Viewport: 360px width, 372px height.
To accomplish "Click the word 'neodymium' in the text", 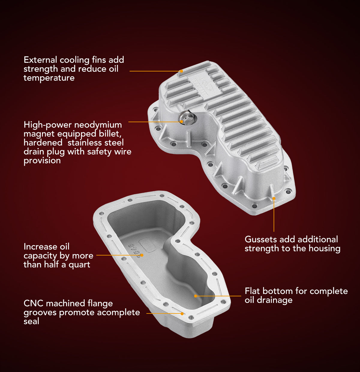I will pyautogui.click(x=98, y=125).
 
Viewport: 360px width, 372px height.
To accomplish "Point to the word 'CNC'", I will pyautogui.click(x=33, y=303).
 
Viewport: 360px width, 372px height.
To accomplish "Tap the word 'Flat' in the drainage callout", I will pyautogui.click(x=252, y=291).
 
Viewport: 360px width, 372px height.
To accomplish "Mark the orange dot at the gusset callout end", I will pyautogui.click(x=274, y=198).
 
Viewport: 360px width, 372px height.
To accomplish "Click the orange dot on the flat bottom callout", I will pyautogui.click(x=196, y=296).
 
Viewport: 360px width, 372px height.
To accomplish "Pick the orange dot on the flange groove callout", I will pyautogui.click(x=182, y=313).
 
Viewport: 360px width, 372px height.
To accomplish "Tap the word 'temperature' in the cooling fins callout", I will pyautogui.click(x=49, y=78).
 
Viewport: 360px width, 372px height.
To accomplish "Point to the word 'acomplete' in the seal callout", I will pyautogui.click(x=118, y=312).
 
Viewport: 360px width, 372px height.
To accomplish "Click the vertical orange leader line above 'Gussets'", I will pyautogui.click(x=274, y=216).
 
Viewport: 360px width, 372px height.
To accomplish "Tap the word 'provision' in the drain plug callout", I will pyautogui.click(x=42, y=161).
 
